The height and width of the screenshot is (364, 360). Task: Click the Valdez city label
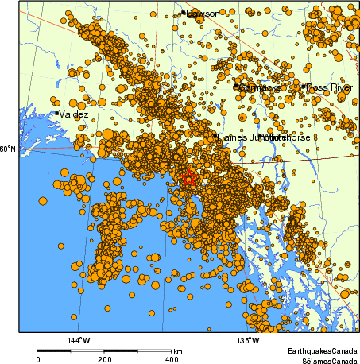pos(73,114)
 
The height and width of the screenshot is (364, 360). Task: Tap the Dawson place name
pos(202,14)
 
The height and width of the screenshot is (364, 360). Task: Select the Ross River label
pos(330,87)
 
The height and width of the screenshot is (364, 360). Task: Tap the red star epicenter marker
pos(188,179)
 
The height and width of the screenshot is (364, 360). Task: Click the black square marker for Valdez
pos(56,114)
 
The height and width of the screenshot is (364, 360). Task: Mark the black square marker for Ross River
pos(304,86)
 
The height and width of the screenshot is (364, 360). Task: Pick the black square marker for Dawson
pos(184,13)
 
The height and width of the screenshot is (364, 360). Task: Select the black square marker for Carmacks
pos(235,86)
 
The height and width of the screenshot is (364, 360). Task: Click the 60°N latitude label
pos(7,149)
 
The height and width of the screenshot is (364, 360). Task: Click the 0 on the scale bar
pos(37,359)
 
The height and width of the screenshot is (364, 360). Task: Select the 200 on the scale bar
pos(104,359)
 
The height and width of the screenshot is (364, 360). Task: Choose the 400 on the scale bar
pos(171,359)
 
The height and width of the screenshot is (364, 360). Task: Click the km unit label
pos(178,351)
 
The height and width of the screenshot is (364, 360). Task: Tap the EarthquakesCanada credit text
pos(322,350)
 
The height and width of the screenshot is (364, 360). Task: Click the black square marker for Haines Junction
pos(215,137)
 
